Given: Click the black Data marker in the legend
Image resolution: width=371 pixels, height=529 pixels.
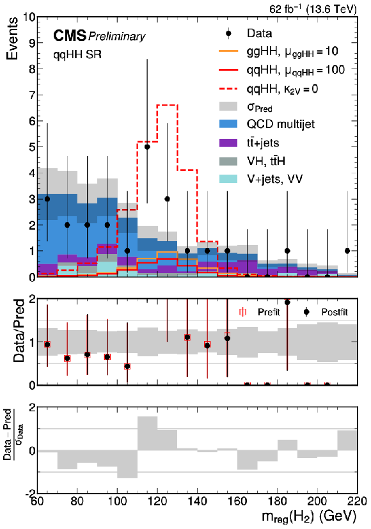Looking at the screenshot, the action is [x=228, y=33].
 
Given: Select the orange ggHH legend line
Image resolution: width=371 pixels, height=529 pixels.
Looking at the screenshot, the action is [x=228, y=51].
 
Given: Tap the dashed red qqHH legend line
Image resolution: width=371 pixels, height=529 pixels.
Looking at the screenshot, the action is [x=228, y=89].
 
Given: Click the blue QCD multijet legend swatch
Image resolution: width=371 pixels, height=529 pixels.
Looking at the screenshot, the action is [x=228, y=124].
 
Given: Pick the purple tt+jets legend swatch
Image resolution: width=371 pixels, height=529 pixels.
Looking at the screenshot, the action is [x=228, y=143].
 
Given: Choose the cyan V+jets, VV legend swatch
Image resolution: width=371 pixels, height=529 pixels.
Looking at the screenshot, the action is [x=228, y=179].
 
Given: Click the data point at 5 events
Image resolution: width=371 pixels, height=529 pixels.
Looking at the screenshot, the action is [x=147, y=146].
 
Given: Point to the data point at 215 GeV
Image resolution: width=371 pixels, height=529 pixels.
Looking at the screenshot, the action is [x=347, y=251].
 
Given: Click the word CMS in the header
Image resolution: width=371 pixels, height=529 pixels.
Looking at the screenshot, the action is [x=70, y=35].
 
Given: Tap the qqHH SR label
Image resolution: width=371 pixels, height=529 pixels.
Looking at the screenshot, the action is [x=77, y=54].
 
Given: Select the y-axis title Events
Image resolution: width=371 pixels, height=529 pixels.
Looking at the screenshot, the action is [x=12, y=38].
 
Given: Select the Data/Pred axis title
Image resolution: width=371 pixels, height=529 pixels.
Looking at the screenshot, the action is [x=19, y=330].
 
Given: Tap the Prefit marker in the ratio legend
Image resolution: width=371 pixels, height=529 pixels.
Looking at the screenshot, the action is [x=242, y=312].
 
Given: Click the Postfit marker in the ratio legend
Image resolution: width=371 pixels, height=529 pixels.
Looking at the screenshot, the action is [x=306, y=312].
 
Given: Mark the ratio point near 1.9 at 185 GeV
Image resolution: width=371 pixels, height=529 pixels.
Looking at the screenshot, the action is [x=287, y=303].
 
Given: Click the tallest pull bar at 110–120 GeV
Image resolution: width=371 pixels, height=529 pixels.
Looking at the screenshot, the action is [x=147, y=434].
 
